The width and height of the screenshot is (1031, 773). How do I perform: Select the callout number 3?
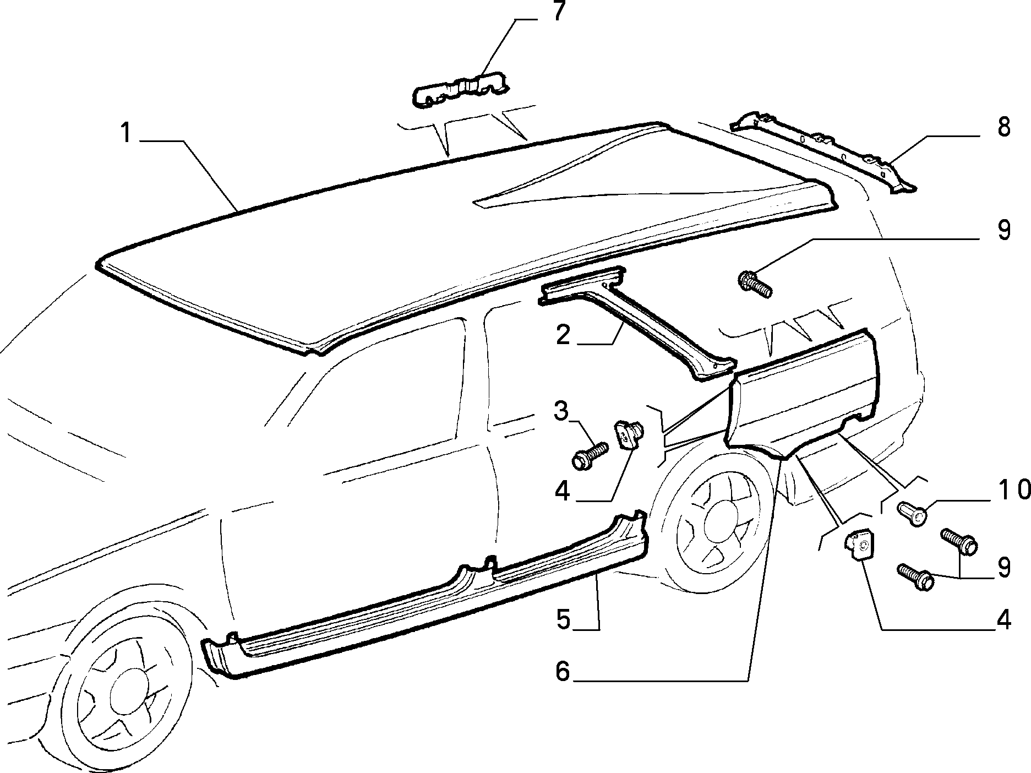coord(560,411)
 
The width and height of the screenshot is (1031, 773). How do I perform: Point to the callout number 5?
coord(563,619)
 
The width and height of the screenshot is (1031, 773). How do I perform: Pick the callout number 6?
coord(562,671)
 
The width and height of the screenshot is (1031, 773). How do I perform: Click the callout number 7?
coord(559,12)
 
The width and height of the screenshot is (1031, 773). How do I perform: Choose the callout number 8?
coord(1003,127)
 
